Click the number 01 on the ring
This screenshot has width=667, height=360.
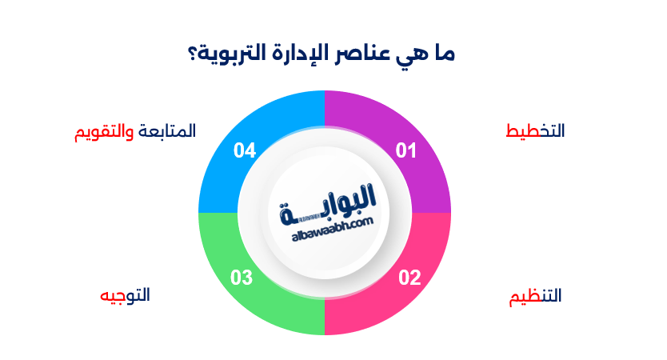pyautogui.click(x=407, y=150)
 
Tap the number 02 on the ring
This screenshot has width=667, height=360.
pyautogui.click(x=409, y=278)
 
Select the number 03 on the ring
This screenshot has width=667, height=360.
pyautogui.click(x=242, y=278)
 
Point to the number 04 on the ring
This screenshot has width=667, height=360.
pyautogui.click(x=244, y=150)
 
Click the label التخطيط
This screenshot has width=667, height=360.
pyautogui.click(x=536, y=130)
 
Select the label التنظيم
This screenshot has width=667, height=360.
pyautogui.click(x=536, y=296)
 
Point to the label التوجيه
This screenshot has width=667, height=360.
pyautogui.click(x=125, y=294)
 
